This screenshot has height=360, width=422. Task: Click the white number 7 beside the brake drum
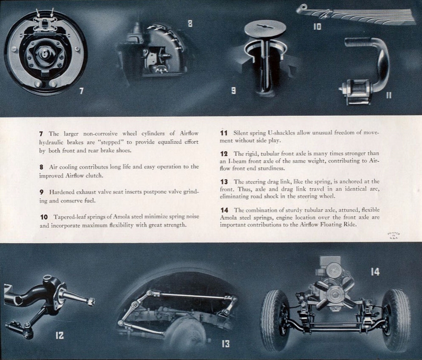(x=81, y=91)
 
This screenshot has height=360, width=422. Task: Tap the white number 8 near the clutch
(x=190, y=24)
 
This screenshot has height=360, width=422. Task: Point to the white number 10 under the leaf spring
(x=316, y=27)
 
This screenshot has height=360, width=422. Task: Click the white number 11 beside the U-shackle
(x=389, y=95)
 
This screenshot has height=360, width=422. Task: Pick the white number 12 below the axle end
(x=60, y=335)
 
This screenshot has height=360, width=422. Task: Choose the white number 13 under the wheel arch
(x=225, y=344)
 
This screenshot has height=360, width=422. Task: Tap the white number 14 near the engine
(x=375, y=272)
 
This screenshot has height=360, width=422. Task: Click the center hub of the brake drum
(x=45, y=53)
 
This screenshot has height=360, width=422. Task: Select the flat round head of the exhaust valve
(x=265, y=28)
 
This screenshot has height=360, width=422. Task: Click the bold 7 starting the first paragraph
(x=41, y=133)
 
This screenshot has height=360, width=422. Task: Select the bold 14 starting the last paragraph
(x=225, y=210)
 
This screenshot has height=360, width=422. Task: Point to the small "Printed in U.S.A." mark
(x=394, y=236)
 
